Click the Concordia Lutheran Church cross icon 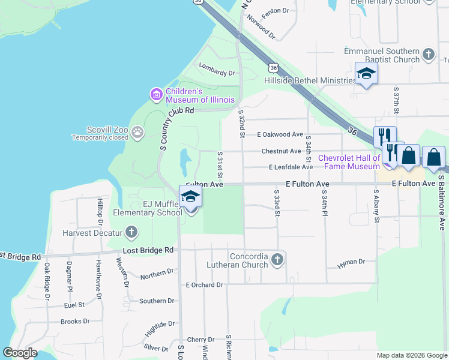[277, 260]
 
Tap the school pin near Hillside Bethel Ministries [366, 74]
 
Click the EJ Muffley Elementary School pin [190, 197]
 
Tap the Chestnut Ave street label [281, 151]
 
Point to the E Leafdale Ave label [291, 167]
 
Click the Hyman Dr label [351, 262]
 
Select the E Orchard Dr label [204, 284]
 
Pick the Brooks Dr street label [75, 321]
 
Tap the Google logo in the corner [20, 353]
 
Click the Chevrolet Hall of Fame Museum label [349, 162]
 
